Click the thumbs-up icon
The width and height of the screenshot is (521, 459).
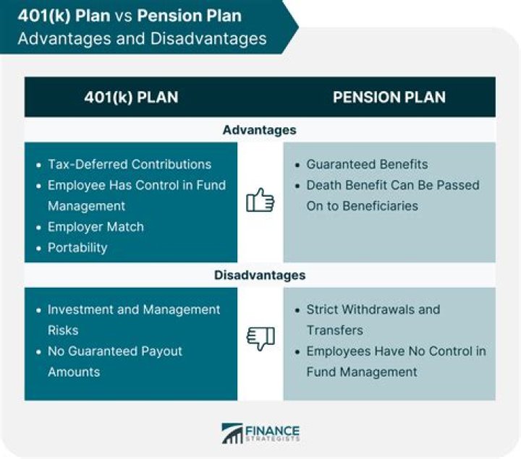260,200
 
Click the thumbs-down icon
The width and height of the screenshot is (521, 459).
260,338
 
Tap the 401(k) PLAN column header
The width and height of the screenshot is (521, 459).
131,97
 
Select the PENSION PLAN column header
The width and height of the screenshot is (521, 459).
389,97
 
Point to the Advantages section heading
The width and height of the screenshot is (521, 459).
260,130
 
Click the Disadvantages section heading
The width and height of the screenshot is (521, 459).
260,275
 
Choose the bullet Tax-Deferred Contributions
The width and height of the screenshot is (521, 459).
129,164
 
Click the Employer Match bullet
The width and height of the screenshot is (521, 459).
96,226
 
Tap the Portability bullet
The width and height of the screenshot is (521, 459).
77,247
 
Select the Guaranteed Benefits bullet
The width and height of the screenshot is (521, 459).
367,164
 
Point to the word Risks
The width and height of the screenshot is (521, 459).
63,330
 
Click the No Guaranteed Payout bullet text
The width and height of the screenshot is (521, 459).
115,351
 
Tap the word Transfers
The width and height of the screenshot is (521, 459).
335,330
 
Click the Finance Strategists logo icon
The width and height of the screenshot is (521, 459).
232,433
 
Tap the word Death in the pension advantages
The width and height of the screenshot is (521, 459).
323,185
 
